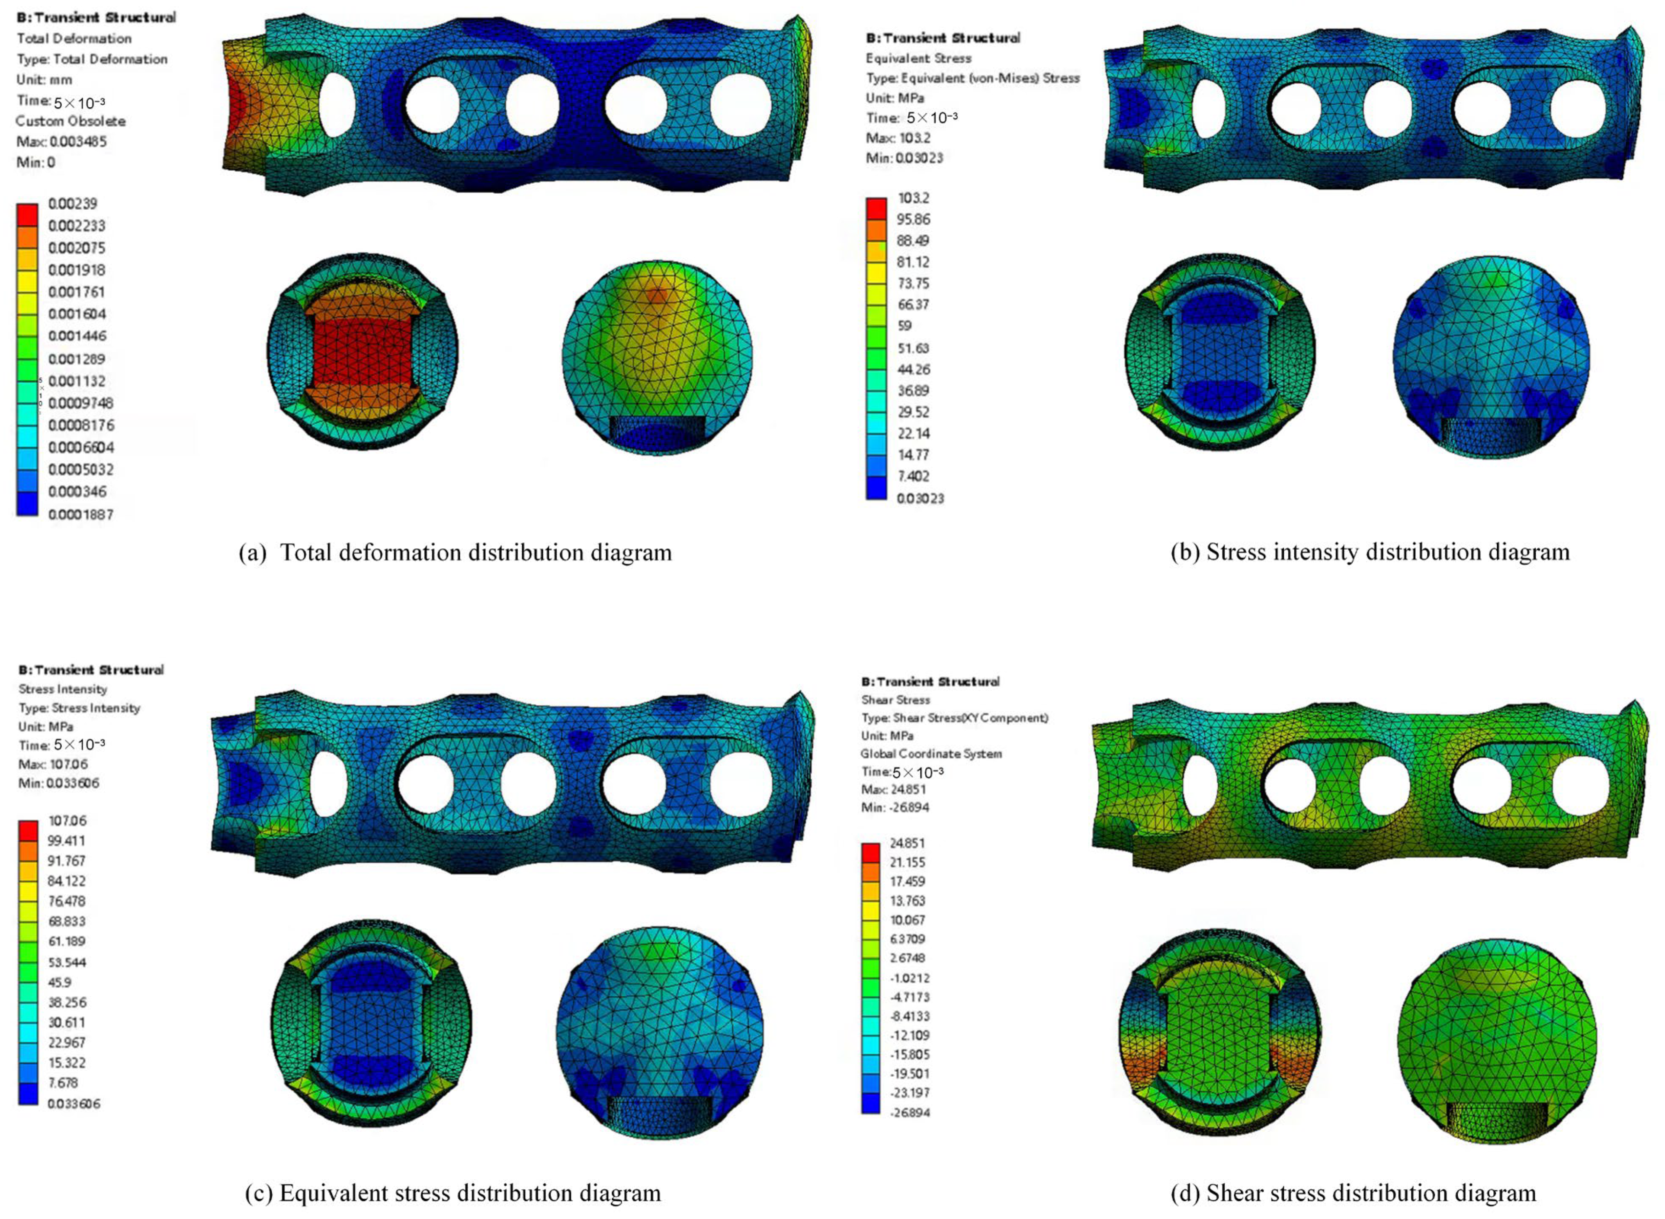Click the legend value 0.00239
pyautogui.click(x=72, y=204)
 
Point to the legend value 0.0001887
pyautogui.click(x=80, y=514)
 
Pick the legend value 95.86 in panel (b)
pyautogui.click(x=914, y=219)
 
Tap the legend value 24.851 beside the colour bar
pyautogui.click(x=908, y=843)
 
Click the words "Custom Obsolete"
pyautogui.click(x=71, y=121)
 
